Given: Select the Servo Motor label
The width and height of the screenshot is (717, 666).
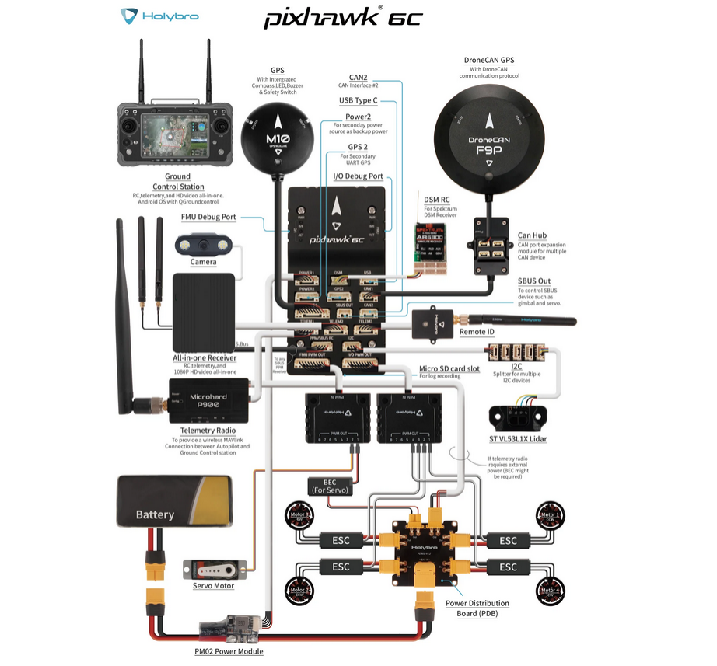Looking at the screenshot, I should pos(214,585).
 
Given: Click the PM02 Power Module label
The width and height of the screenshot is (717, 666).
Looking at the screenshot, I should pos(229,651).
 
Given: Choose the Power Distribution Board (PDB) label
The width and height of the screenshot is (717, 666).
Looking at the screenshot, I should pos(477,608).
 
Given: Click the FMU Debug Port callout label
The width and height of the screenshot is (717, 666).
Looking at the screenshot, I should pos(208,218).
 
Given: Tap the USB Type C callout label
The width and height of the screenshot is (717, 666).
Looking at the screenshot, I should pos(358,100).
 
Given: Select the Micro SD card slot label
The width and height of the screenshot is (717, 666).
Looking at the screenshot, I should pos(449,368).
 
